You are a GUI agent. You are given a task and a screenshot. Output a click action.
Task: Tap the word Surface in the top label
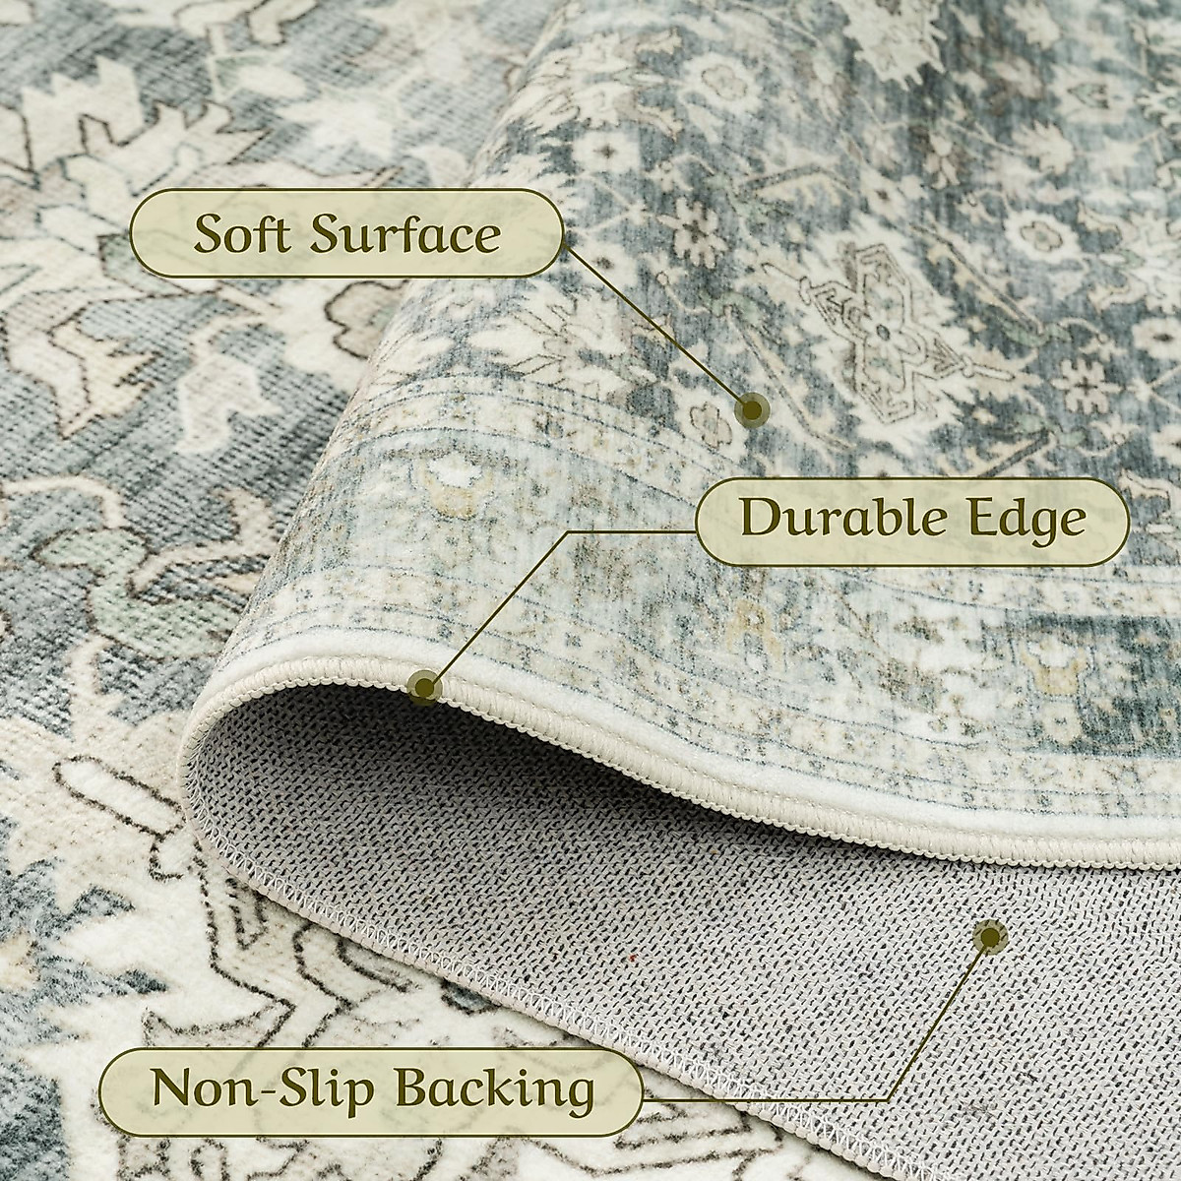[404, 234]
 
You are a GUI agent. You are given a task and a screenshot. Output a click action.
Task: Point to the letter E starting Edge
[995, 518]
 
